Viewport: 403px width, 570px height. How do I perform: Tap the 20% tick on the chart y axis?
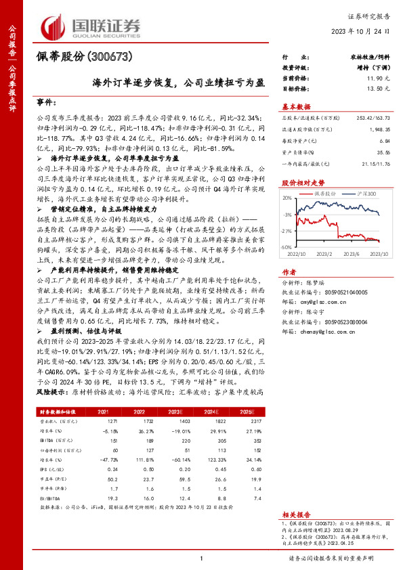coord(287,198)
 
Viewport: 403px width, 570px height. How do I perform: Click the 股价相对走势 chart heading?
coord(299,183)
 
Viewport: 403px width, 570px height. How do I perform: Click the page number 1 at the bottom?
coord(202,557)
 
